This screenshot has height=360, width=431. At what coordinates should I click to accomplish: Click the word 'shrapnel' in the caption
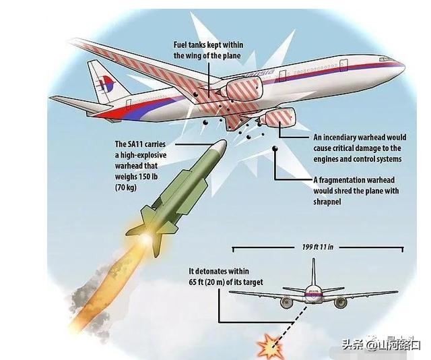[x=329, y=202]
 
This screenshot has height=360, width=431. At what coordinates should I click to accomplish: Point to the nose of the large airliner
[x=400, y=67]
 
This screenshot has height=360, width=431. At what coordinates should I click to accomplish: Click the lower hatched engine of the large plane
[x=279, y=120]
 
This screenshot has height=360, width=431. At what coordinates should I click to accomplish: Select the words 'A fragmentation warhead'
[x=351, y=181]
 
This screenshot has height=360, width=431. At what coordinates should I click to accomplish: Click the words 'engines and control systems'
[x=357, y=158]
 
